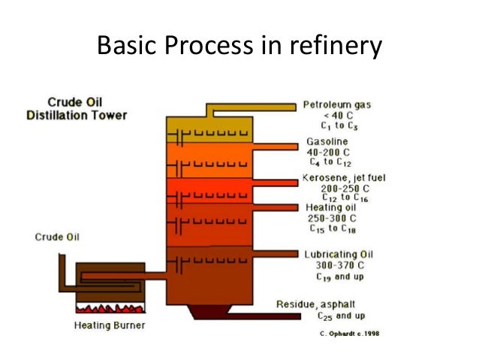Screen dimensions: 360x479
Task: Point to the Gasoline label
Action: click(x=328, y=141)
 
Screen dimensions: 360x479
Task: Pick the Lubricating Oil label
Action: click(x=339, y=253)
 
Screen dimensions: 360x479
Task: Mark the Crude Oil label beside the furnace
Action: click(x=57, y=237)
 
